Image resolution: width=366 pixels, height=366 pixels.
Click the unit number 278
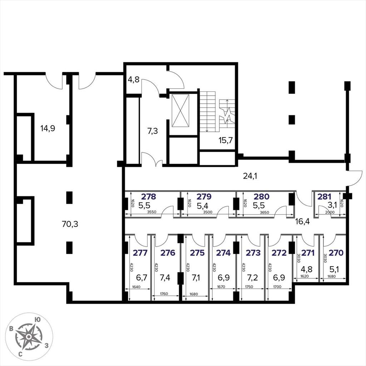coord(149,197)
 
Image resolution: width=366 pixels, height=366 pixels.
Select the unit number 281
coord(324,197)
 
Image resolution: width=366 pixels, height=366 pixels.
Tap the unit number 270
coord(336,253)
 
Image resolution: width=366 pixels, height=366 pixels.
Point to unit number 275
coord(197,253)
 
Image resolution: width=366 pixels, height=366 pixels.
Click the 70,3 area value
coord(70,224)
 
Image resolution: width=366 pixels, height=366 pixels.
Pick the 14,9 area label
coord(48,128)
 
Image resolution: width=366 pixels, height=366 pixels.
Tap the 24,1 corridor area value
coord(250,176)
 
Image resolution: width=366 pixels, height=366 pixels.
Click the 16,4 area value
coord(302,221)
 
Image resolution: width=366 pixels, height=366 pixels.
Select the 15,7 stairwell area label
coord(226,140)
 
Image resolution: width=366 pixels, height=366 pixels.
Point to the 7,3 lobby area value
coord(152,131)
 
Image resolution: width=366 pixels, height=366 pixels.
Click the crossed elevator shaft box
coord(180,111)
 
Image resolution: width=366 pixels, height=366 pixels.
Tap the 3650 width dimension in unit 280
coord(264,212)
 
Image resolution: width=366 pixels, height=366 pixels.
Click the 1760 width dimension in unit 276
coord(164,294)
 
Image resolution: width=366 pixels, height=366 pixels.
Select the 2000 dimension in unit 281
coord(330,212)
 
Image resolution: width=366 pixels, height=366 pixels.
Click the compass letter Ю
coord(37,320)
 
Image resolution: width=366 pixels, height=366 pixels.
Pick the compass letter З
coord(46,345)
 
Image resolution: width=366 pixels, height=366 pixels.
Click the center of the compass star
coord(29,337)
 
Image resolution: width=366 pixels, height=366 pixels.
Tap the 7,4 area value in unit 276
coord(165,277)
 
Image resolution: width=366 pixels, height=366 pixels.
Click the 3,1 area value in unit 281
coord(332,205)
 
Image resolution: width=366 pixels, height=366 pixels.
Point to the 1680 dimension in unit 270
coord(331,276)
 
